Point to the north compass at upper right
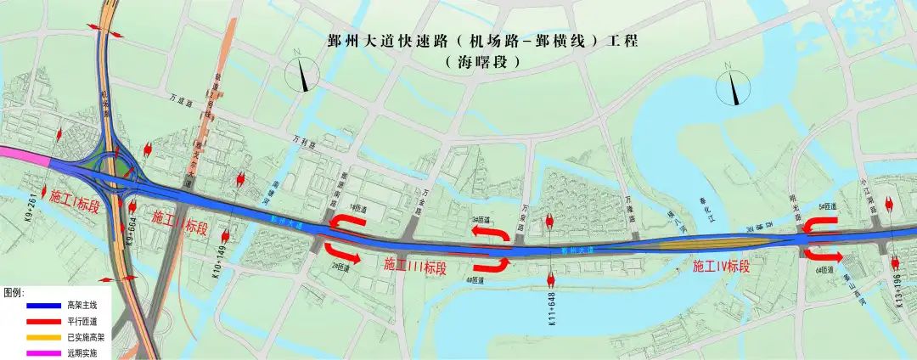pos(731,87)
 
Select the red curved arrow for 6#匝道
pos(823,255)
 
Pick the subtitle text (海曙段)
pos(481,63)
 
